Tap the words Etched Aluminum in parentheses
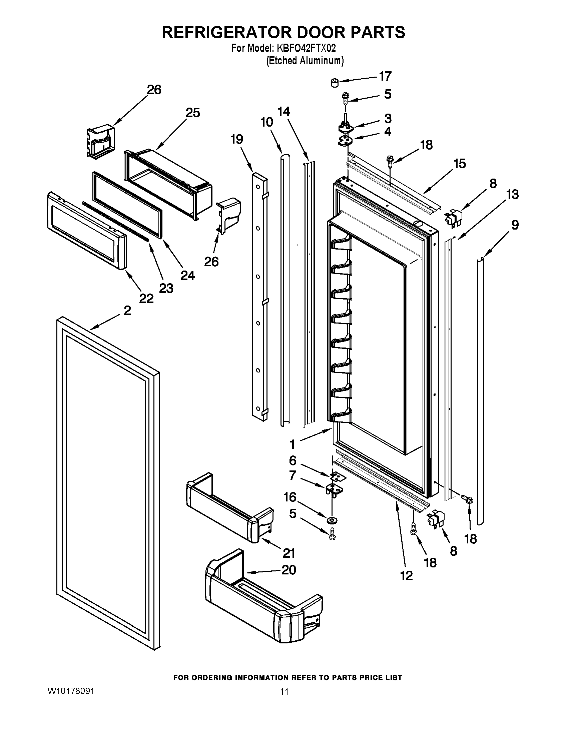[x=305, y=61]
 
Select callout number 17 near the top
[x=385, y=77]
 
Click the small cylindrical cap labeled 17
[x=335, y=82]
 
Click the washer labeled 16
[x=333, y=520]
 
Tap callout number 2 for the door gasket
[x=127, y=311]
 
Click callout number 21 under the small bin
[x=289, y=553]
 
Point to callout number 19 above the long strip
[x=237, y=139]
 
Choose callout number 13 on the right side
[x=512, y=194]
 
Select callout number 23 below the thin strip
[x=166, y=288]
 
